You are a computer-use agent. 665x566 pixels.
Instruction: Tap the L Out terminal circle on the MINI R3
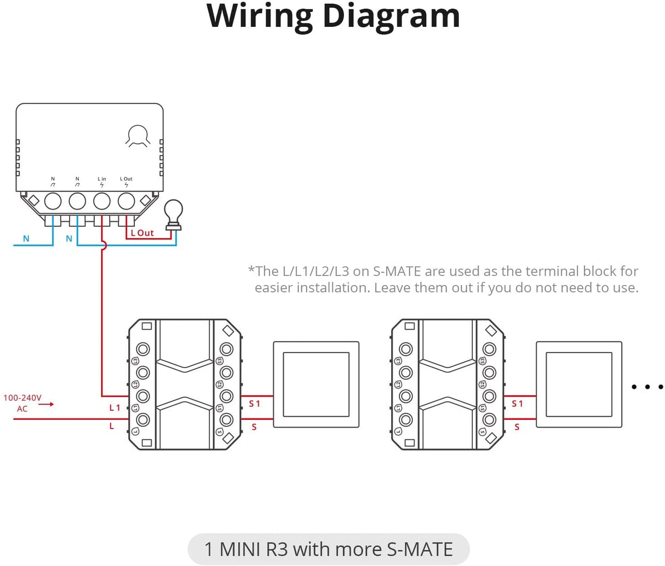pos(127,201)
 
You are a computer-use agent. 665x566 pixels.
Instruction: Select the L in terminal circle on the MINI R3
pos(102,201)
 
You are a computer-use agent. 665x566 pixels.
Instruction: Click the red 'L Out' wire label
pos(142,233)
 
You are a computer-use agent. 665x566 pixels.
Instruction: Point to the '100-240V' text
pos(22,398)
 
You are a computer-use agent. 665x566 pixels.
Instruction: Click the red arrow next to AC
pos(46,405)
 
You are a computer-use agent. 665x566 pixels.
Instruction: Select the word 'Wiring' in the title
pos(259,16)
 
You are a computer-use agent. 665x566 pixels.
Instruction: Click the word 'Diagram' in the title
pos(391,16)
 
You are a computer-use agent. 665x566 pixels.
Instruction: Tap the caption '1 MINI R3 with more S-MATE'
pos(329,549)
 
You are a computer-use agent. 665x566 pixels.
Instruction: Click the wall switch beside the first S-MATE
pos(316,385)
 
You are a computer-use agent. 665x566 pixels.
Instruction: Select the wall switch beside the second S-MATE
pos(579,385)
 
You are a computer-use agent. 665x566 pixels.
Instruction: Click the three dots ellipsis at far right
pos(647,387)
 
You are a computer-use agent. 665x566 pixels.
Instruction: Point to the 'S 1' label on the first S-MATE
pos(255,404)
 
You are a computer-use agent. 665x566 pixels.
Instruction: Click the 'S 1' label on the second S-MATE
pos(518,404)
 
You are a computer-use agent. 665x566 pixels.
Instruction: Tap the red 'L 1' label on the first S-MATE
pos(114,408)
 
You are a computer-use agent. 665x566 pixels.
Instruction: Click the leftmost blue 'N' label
pos(26,239)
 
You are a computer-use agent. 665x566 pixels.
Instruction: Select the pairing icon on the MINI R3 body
pos(137,136)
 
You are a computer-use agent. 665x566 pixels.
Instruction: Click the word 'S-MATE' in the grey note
pos(397,272)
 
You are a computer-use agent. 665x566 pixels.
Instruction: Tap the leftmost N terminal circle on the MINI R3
pos(53,201)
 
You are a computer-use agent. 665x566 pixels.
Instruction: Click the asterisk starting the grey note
pos(251,269)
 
